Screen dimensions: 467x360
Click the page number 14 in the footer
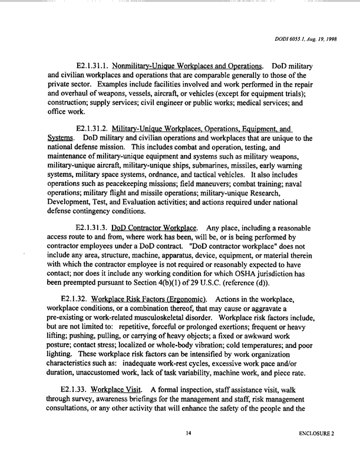189,433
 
